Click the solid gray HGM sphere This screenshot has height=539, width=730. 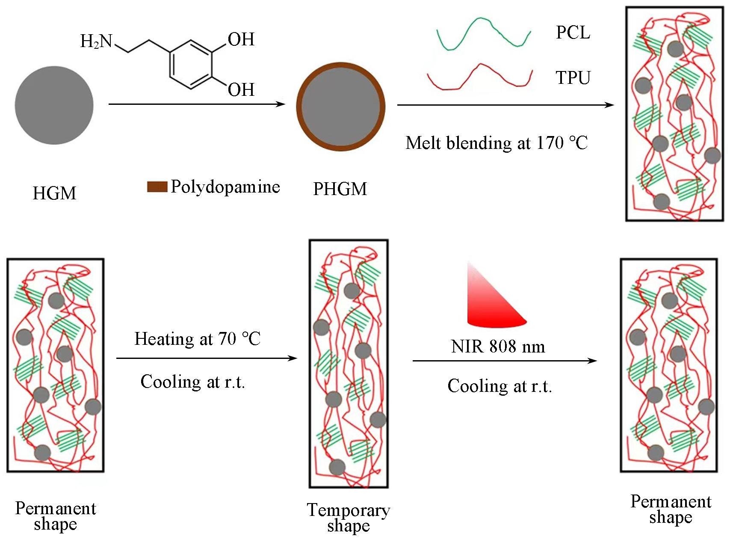pyautogui.click(x=54, y=105)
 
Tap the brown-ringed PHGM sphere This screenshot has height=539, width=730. pyautogui.click(x=340, y=107)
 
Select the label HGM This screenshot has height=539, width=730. pyautogui.click(x=54, y=193)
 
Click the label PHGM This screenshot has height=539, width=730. pyautogui.click(x=340, y=189)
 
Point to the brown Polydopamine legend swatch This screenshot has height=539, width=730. pyautogui.click(x=157, y=187)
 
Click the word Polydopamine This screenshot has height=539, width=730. pyautogui.click(x=225, y=187)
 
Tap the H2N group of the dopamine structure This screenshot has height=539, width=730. pyautogui.click(x=96, y=41)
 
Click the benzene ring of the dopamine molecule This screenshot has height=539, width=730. pyautogui.click(x=191, y=65)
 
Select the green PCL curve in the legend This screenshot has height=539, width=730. pyautogui.click(x=483, y=34)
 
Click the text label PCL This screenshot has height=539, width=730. pyautogui.click(x=573, y=33)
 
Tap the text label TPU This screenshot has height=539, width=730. pyautogui.click(x=573, y=78)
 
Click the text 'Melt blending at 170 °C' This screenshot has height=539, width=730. pyautogui.click(x=497, y=143)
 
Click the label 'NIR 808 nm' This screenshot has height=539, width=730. pyautogui.click(x=498, y=346)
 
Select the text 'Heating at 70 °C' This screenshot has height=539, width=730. pyautogui.click(x=197, y=339)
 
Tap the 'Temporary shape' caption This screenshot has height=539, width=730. pyautogui.click(x=349, y=518)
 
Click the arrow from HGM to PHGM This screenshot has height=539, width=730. pyautogui.click(x=197, y=104)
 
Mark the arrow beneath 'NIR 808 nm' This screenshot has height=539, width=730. pyautogui.click(x=505, y=361)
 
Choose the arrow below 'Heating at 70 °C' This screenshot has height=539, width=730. pyautogui.click(x=207, y=358)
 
